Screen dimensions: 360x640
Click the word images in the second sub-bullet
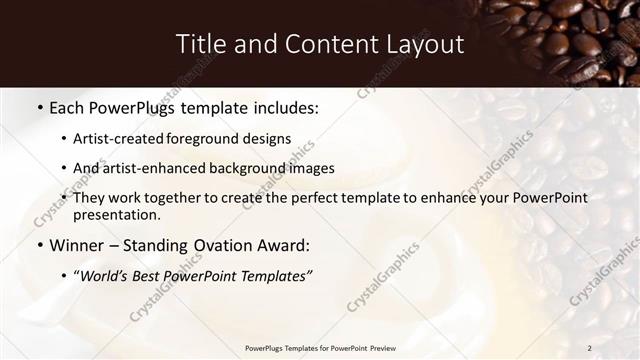pyautogui.click(x=310, y=168)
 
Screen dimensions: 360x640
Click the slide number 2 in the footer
pyautogui.click(x=590, y=348)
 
